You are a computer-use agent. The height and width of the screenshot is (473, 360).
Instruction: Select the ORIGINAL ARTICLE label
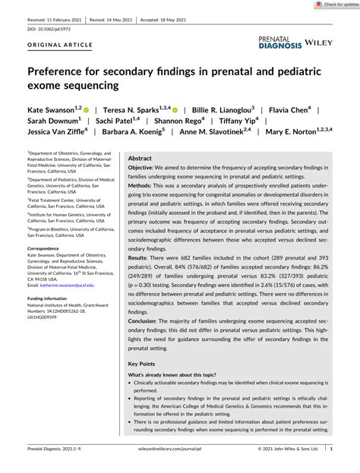51,44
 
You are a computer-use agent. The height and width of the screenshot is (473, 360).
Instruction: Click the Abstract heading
141,159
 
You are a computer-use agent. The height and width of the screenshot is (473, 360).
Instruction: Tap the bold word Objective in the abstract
145,168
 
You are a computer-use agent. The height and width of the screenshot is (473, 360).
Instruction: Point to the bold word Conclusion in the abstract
147,323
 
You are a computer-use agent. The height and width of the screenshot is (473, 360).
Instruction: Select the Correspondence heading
48,248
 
